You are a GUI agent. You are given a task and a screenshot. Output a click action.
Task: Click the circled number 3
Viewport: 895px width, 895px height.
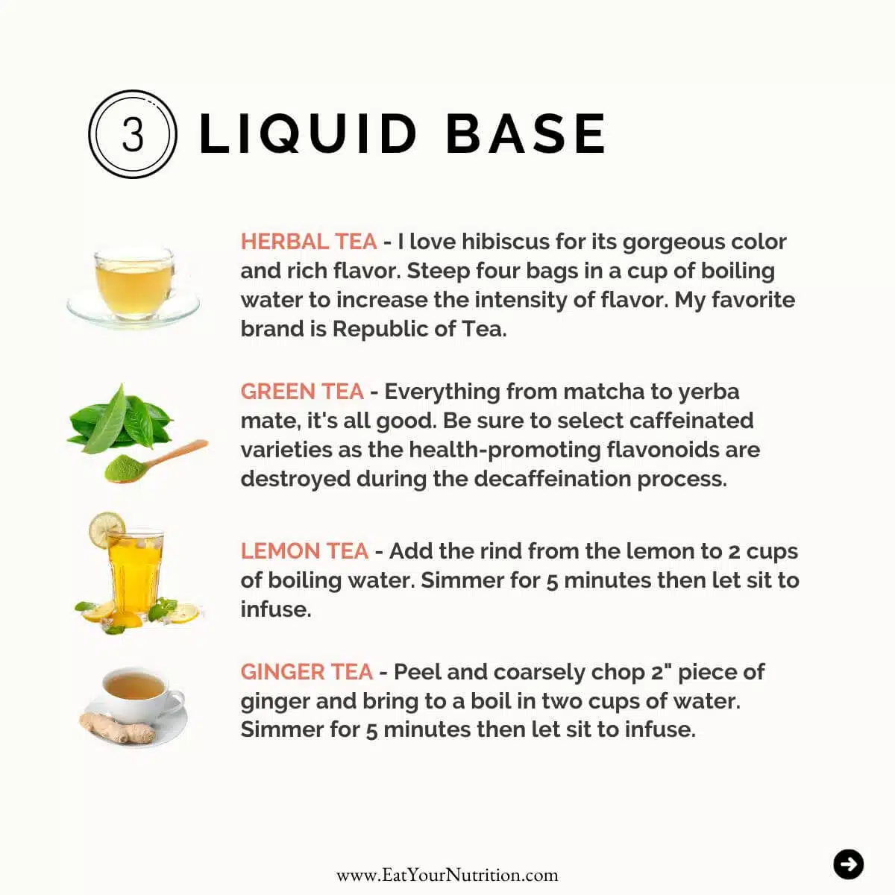click(133, 134)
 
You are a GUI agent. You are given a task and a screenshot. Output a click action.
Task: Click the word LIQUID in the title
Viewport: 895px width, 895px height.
click(307, 134)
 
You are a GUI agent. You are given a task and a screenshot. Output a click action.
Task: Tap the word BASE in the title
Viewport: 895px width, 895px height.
click(525, 134)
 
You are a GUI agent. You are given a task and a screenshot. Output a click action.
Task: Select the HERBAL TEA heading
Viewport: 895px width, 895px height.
click(308, 242)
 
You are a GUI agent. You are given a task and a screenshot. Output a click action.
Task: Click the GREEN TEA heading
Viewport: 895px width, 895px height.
click(301, 392)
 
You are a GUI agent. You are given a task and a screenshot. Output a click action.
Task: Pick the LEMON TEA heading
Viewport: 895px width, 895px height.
click(304, 551)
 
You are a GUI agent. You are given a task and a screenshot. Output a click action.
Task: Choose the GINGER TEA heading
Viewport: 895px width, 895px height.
click(306, 672)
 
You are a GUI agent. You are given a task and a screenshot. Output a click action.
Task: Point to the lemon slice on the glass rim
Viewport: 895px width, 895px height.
click(106, 529)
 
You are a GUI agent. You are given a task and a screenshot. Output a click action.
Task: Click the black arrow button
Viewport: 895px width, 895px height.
click(848, 864)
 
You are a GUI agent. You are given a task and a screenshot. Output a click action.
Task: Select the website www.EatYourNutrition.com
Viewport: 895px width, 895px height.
click(447, 875)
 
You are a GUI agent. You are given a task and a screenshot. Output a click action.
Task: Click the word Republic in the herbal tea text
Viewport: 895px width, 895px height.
click(377, 329)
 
